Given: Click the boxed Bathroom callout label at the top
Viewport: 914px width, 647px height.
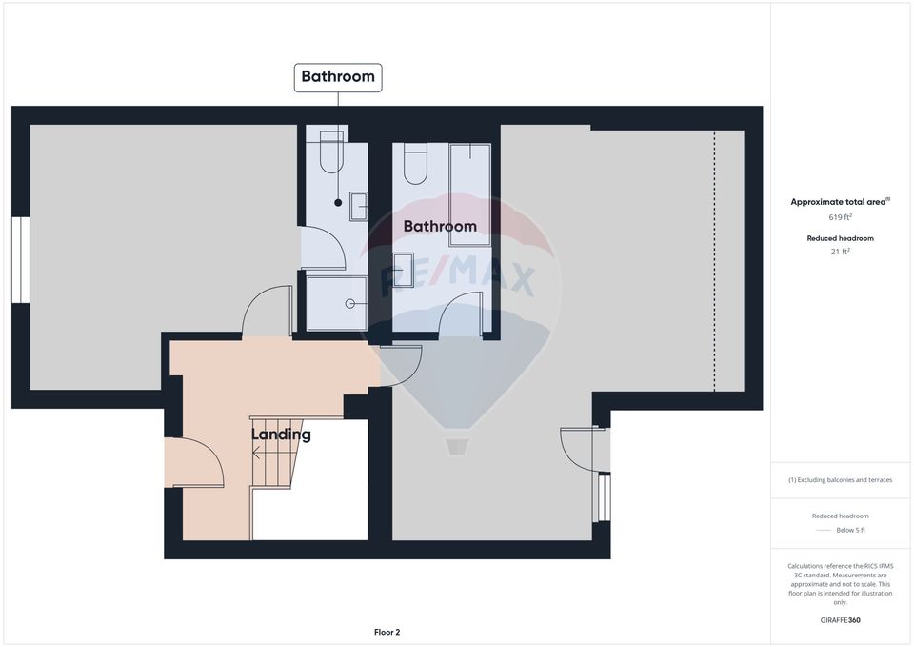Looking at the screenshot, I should pyautogui.click(x=338, y=77).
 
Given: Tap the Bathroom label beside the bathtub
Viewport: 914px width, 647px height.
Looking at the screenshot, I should pyautogui.click(x=440, y=227).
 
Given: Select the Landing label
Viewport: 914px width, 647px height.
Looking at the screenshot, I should pyautogui.click(x=281, y=435).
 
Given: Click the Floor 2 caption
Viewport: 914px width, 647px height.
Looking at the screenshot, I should pyautogui.click(x=387, y=632).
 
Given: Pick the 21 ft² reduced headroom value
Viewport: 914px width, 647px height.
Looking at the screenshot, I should pyautogui.click(x=840, y=252).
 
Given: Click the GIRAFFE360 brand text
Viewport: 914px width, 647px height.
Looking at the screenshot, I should pyautogui.click(x=840, y=620).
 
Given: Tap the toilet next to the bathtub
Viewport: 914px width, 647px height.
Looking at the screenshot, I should pyautogui.click(x=415, y=163).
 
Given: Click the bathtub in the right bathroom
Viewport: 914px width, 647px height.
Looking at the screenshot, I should pyautogui.click(x=470, y=194).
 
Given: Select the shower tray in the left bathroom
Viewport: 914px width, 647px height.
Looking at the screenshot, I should pyautogui.click(x=336, y=303).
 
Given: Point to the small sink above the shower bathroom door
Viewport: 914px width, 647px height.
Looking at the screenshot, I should pyautogui.click(x=358, y=206).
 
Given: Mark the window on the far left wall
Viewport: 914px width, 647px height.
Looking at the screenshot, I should pyautogui.click(x=21, y=259).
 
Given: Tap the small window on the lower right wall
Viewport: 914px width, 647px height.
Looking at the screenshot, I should pyautogui.click(x=603, y=497).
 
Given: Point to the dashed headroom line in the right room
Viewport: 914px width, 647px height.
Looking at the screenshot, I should pyautogui.click(x=714, y=260).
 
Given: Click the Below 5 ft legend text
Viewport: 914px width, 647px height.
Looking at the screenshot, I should pyautogui.click(x=851, y=530).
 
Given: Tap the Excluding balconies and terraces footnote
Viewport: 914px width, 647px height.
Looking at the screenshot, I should pyautogui.click(x=840, y=480).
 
